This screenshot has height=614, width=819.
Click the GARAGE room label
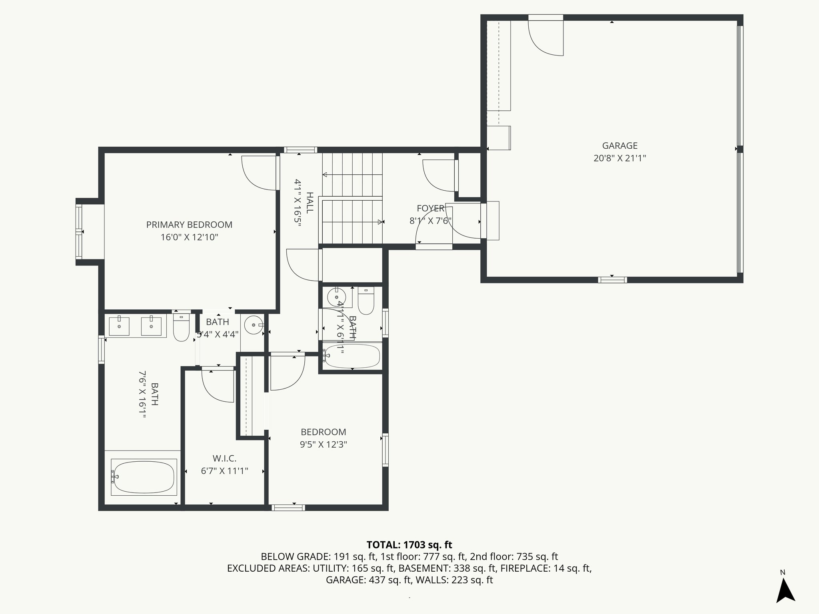[x=619, y=146]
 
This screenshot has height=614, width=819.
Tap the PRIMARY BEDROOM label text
[x=189, y=225]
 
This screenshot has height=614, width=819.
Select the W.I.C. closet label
[x=224, y=459]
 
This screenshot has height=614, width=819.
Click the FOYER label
[x=430, y=208]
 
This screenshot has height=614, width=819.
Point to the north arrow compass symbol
[x=785, y=590]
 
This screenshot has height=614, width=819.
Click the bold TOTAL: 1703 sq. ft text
[x=409, y=545]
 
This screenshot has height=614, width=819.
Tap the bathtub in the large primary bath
[x=144, y=477]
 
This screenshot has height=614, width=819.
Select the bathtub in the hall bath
[x=352, y=356]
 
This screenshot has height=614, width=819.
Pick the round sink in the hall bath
[x=336, y=297]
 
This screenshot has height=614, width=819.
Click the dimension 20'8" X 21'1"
[x=619, y=158]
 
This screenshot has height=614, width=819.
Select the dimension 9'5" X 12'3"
[x=324, y=445]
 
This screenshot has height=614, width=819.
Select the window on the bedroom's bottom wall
[x=288, y=507]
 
